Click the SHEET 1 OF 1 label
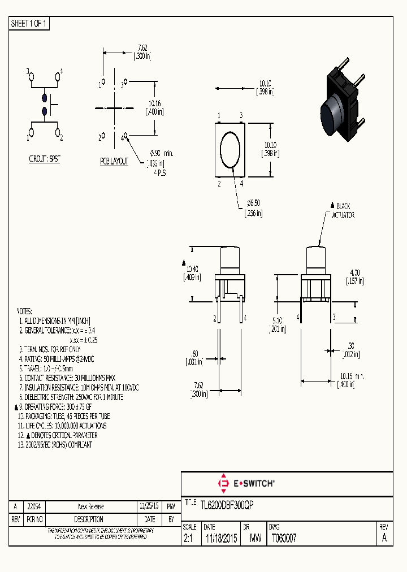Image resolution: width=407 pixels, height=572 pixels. (x=29, y=24)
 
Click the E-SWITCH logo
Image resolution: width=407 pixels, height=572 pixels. (x=246, y=483)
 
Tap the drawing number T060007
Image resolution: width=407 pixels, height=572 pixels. (x=284, y=539)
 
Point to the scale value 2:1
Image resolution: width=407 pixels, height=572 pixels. (x=188, y=539)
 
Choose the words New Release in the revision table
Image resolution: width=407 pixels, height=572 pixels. (x=90, y=506)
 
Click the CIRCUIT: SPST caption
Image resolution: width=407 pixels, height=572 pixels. (x=45, y=159)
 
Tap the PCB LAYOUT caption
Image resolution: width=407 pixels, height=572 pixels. (x=114, y=162)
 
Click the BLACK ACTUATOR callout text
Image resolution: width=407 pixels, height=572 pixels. (x=341, y=210)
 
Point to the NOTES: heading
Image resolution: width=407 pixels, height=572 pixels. (x=24, y=311)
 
